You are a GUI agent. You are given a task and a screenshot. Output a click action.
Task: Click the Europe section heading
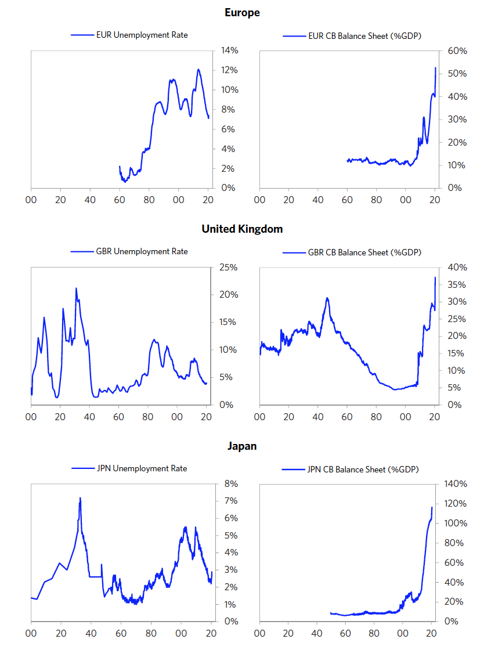242,12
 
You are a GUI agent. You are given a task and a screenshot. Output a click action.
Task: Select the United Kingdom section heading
242,229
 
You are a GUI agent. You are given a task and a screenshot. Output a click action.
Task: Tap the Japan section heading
242,446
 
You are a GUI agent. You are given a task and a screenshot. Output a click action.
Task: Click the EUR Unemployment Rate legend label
142,35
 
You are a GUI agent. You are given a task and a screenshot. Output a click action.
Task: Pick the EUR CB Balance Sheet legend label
364,36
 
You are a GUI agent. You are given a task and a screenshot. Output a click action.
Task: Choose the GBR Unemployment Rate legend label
142,251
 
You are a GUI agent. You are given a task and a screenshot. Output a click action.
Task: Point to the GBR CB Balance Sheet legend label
364,252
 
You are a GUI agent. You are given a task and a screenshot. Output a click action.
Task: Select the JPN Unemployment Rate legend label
142,468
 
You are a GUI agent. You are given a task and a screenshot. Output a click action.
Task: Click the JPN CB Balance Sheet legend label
363,469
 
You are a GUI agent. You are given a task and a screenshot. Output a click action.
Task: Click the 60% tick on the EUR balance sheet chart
457,51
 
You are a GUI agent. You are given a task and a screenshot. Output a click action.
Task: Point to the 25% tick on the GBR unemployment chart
229,268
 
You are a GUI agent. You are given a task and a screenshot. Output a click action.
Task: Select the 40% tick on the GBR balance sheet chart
457,268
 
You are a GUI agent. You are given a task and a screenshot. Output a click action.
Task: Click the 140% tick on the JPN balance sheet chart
455,484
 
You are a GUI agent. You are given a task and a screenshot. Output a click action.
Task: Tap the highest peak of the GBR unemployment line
76,288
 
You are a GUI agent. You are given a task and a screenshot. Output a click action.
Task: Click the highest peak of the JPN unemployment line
80,498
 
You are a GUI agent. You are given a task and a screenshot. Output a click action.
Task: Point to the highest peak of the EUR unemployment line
198,70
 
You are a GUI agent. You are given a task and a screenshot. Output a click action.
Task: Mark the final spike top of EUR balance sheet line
435,68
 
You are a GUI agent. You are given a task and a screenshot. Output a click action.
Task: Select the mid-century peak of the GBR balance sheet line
327,298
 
